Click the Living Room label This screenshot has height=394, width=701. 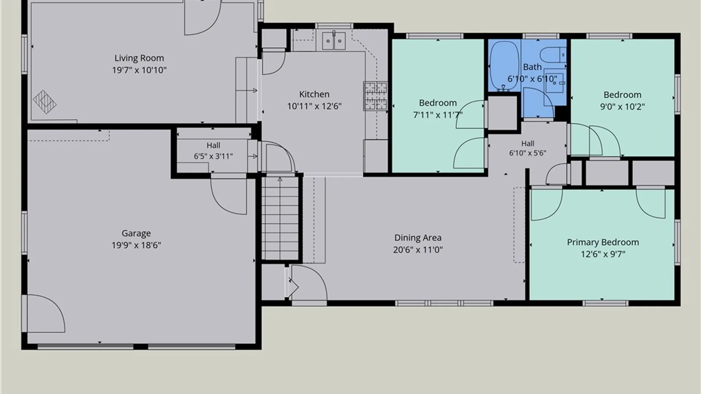139,58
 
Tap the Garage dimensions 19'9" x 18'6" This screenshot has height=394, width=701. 136,245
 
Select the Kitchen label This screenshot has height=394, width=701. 314,94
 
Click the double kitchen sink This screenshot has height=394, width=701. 334,41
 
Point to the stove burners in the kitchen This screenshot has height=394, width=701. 375,96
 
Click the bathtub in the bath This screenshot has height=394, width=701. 504,66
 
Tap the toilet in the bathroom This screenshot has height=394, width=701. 553,55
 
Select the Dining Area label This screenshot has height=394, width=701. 418,238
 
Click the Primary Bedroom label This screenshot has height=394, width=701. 603,242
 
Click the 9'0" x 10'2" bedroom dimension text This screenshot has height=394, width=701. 623,107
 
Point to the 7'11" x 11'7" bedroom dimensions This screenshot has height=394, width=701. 438,115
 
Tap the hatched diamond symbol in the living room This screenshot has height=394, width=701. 45,102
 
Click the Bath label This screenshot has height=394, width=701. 532,67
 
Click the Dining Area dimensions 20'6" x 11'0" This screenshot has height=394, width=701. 418,250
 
